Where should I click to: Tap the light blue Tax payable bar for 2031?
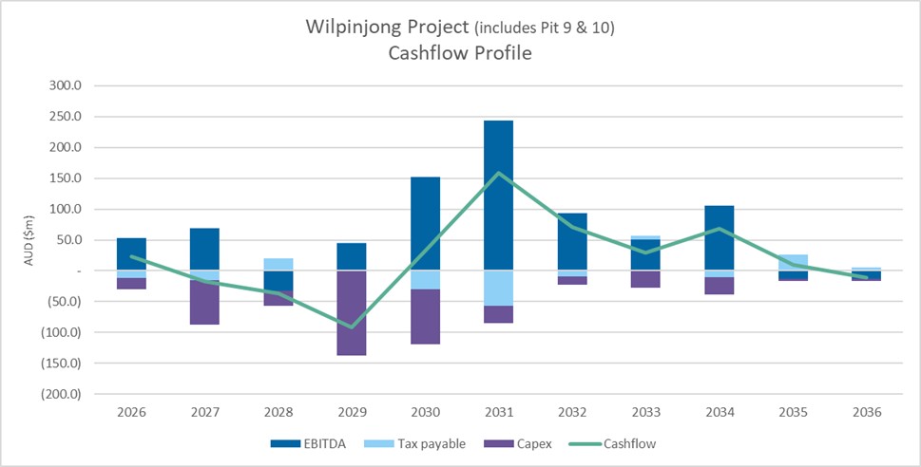tap(498, 288)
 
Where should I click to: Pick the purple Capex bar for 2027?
tap(204, 303)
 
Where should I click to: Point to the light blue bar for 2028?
tap(278, 264)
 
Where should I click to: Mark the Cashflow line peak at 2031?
tap(498, 173)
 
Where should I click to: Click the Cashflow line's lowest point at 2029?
tap(352, 327)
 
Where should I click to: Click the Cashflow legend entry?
tap(623, 443)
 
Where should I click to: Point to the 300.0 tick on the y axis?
tap(67, 86)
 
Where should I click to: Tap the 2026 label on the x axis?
tap(131, 412)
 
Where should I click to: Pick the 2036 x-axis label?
tap(866, 412)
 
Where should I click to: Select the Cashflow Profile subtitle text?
tap(460, 53)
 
